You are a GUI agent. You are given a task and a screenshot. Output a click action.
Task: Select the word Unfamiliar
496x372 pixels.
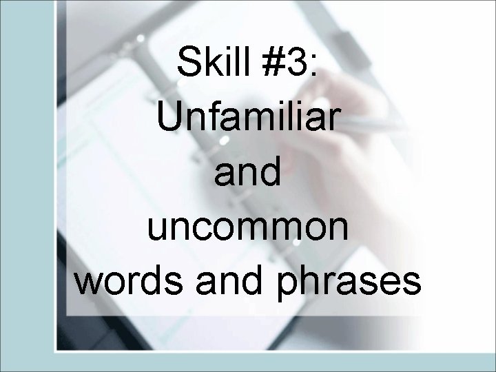[x=247, y=118]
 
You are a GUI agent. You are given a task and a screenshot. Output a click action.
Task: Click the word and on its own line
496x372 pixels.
[x=247, y=173]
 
